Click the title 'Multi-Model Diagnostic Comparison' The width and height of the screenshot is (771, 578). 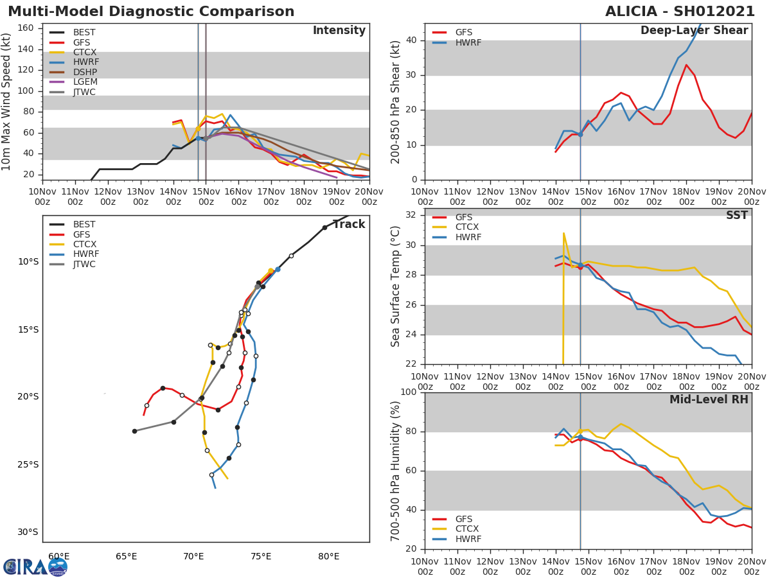tap(151, 12)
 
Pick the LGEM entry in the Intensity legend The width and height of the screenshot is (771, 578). tap(85, 82)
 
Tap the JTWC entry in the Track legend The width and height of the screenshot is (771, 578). tap(84, 264)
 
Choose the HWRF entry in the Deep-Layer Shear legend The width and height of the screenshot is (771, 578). tap(468, 42)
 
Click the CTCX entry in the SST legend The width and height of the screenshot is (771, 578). tap(468, 227)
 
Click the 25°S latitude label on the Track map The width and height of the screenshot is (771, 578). tap(28, 464)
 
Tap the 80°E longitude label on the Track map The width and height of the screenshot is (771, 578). tap(328, 556)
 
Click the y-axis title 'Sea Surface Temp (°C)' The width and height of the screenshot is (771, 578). tap(396, 286)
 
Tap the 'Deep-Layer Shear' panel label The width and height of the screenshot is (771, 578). tap(694, 31)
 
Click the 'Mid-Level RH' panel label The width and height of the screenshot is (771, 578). tap(709, 399)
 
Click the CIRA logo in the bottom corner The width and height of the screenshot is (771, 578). tap(35, 566)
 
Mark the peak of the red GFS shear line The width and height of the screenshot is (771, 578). tap(686, 64)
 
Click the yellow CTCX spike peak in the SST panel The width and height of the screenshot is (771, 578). tap(563, 233)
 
